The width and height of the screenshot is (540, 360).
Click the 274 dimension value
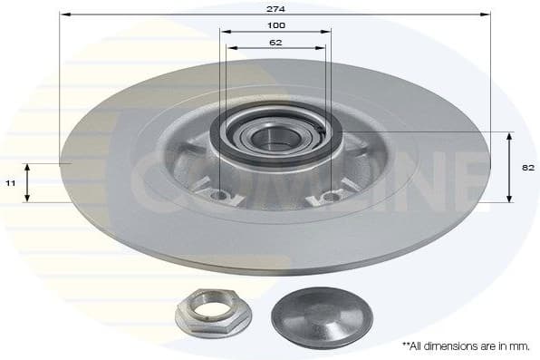275,8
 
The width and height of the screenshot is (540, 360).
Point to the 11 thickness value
10,182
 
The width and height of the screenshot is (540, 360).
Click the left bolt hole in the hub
217,195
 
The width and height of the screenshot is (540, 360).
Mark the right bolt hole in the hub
331,196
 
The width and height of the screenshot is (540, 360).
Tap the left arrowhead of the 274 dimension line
63,15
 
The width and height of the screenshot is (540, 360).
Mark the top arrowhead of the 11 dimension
27,167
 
